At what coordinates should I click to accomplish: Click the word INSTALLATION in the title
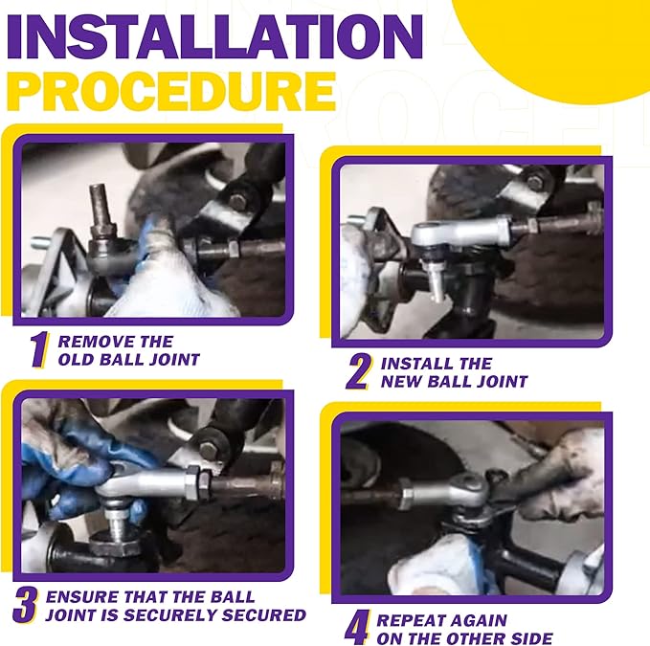coord(214,37)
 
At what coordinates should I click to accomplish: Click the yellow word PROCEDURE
coord(170,92)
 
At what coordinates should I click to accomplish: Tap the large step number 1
coord(39,350)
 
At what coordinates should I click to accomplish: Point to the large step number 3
coord(25,606)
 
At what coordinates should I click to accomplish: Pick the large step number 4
coord(357,627)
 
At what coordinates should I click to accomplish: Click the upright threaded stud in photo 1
coord(101,211)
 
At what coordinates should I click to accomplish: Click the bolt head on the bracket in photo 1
coord(238,201)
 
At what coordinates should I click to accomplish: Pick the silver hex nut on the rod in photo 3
coord(197,481)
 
